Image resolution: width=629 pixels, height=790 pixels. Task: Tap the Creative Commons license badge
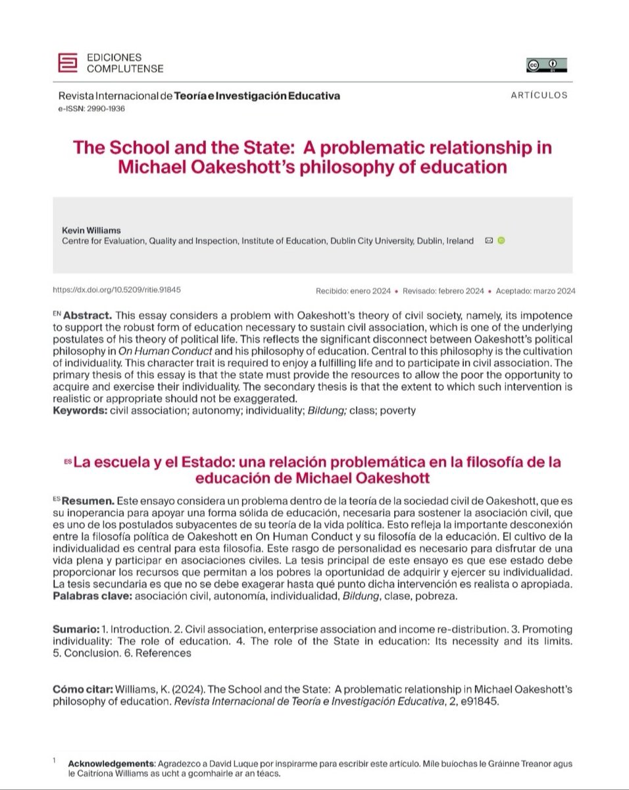[x=546, y=65]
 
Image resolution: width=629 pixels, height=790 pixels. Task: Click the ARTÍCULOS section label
[x=538, y=95]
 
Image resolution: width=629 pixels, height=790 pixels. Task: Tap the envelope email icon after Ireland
[x=488, y=241]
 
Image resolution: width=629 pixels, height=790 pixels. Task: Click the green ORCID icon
[x=500, y=241]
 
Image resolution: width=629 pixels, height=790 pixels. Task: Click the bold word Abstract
[x=86, y=317]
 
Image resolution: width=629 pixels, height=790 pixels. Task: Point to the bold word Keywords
[x=77, y=411]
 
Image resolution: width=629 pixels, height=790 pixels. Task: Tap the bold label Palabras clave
[x=91, y=596]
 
